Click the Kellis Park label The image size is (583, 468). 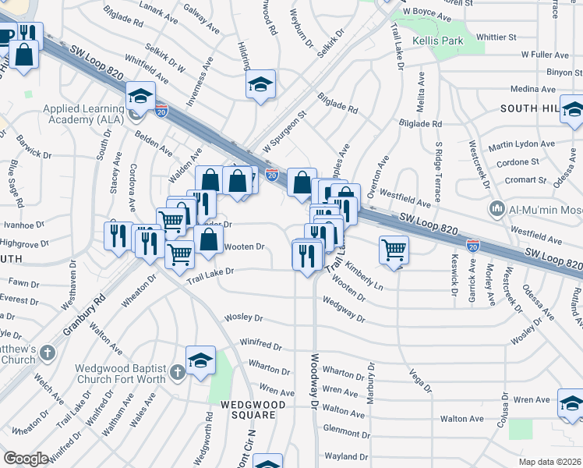click(438, 41)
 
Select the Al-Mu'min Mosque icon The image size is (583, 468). click(496, 209)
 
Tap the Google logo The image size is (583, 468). click(26, 459)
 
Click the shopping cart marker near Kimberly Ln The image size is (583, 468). click(394, 250)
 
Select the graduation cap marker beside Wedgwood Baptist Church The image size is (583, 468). click(200, 360)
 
